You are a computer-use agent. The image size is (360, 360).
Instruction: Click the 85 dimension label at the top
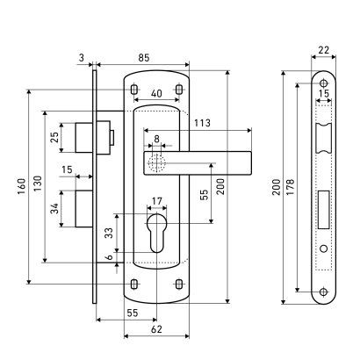[143, 58]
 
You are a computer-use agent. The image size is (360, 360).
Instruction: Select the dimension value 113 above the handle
[202, 123]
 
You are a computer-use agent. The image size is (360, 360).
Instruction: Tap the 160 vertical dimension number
[22, 187]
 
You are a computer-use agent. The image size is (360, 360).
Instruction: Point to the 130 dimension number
[38, 184]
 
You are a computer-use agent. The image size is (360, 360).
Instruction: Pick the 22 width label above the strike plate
[324, 50]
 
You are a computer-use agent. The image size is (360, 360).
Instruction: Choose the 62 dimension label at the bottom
[156, 329]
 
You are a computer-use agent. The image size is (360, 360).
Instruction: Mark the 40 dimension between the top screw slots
[156, 94]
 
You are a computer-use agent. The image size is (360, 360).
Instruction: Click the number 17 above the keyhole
[157, 201]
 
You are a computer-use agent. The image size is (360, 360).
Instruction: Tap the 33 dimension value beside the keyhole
[109, 233]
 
